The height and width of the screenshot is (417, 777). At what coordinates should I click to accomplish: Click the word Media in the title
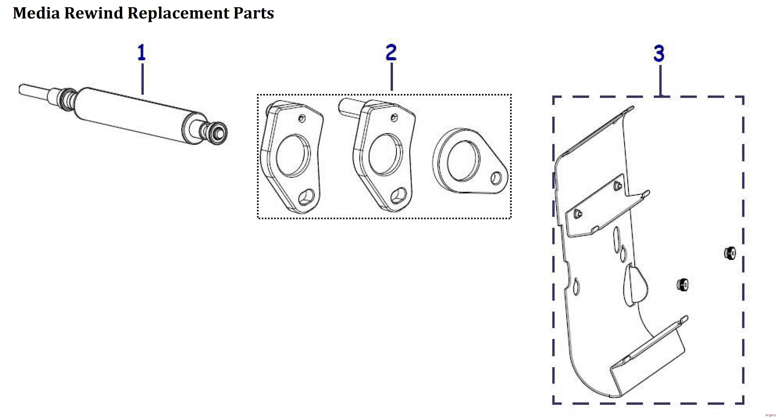[x=36, y=13]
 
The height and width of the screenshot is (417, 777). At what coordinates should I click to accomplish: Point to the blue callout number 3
[x=659, y=53]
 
